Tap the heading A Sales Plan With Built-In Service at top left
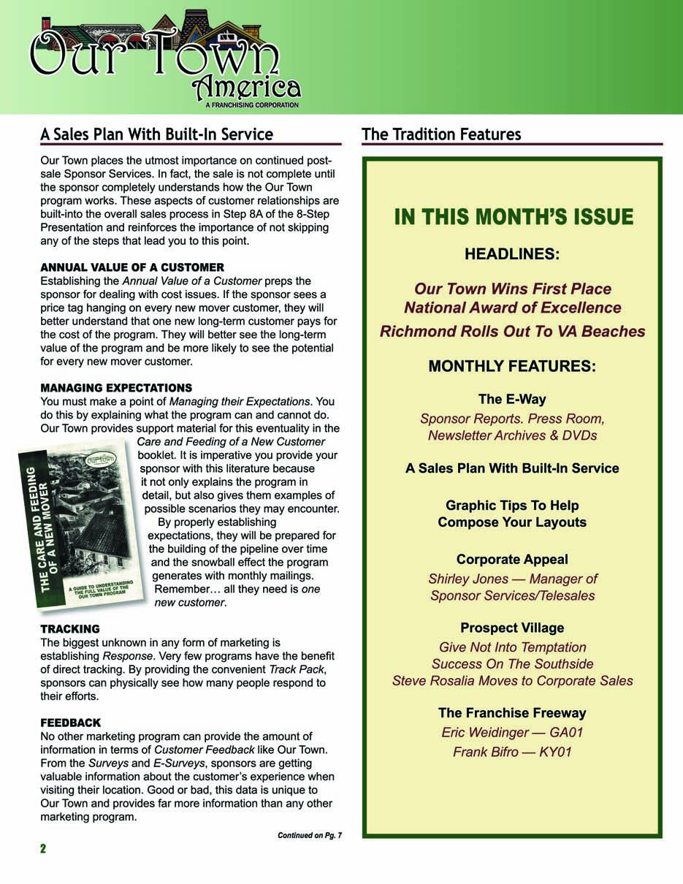click(x=156, y=134)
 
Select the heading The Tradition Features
click(x=441, y=134)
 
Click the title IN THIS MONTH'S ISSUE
click(x=514, y=217)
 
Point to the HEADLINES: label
click(x=512, y=254)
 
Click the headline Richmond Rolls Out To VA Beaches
click(x=512, y=331)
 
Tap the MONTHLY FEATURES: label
click(x=512, y=366)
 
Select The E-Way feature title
click(x=512, y=399)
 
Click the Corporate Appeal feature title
click(x=512, y=559)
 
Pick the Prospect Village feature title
click(x=512, y=628)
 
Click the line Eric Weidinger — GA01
click(x=512, y=732)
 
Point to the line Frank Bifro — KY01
click(x=512, y=751)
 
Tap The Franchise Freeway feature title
click(x=512, y=712)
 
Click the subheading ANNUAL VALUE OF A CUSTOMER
click(x=132, y=267)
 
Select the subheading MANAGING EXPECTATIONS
click(x=116, y=387)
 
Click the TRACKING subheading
click(x=70, y=628)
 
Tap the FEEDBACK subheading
click(x=71, y=723)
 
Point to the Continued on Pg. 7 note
click(x=309, y=835)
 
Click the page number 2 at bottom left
click(x=43, y=848)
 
